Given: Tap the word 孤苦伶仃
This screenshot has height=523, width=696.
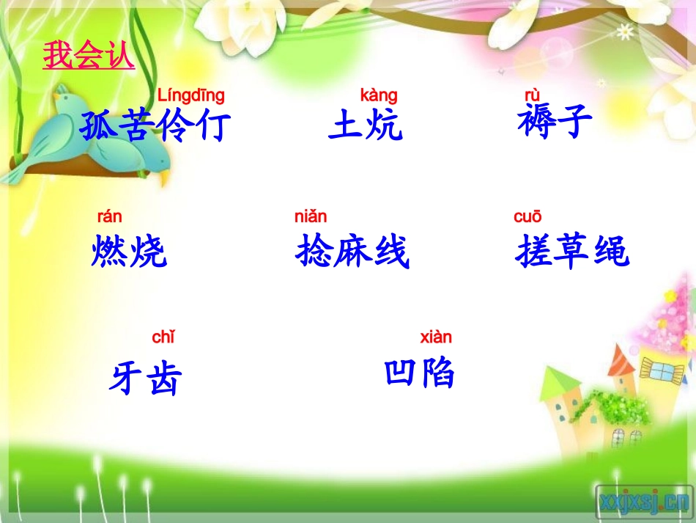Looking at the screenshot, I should point(155,125).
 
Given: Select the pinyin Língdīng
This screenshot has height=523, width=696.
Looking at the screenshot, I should point(191,95).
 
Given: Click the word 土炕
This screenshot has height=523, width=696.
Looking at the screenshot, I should point(366,125).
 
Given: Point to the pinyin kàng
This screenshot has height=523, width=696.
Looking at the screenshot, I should point(379,95).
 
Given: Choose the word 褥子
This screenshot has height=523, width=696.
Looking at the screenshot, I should point(555,121).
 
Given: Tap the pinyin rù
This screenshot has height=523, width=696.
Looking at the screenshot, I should point(532,95).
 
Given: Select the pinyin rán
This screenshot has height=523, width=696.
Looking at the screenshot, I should point(110,216).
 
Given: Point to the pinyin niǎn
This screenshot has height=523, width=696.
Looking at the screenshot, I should point(311,216).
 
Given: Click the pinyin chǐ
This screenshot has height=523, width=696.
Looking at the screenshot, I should point(163,337).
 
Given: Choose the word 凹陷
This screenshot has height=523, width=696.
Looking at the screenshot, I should point(420,373).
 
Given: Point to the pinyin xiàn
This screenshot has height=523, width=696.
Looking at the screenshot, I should point(436,337).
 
